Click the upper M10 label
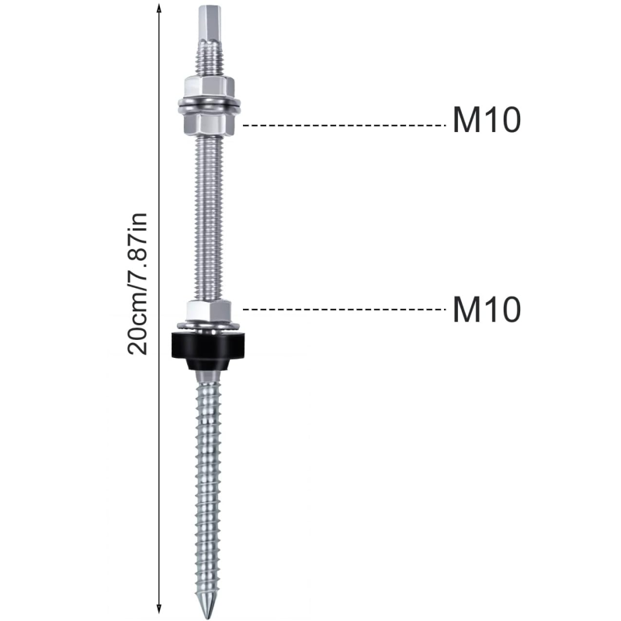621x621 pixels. (487, 120)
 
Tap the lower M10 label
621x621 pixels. (487, 309)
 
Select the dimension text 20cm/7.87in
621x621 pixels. (137, 283)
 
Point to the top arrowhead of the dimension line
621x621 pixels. (159, 9)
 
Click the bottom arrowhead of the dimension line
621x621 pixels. (159, 609)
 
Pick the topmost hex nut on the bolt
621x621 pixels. (208, 88)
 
